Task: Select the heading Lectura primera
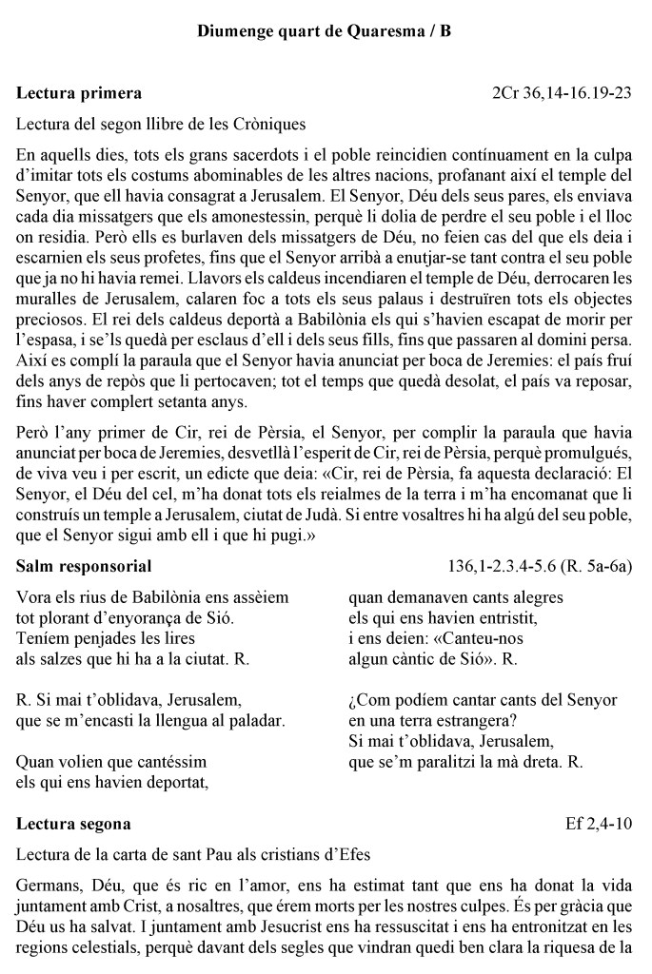click(79, 93)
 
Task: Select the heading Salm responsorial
click(84, 567)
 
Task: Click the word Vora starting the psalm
click(35, 597)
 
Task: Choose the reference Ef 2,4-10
click(600, 823)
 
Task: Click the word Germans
click(48, 885)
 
